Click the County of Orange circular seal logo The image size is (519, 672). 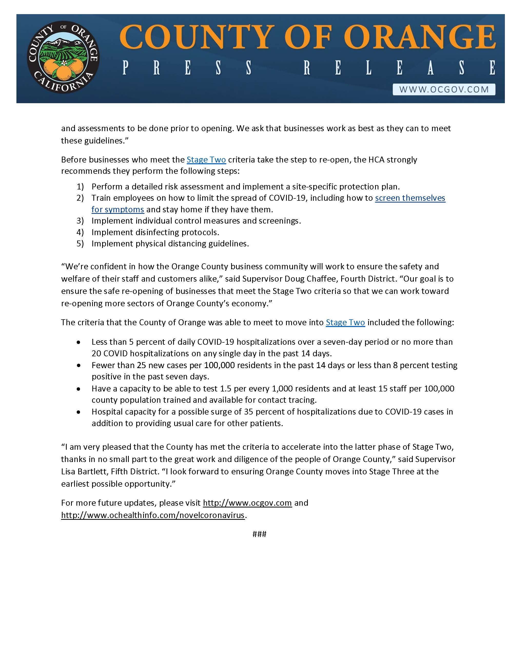[63, 58]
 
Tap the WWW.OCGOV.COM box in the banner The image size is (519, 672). [444, 90]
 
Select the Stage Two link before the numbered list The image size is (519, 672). [206, 160]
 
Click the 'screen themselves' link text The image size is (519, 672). [410, 198]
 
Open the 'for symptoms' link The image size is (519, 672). [118, 209]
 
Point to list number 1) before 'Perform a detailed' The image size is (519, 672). [80, 187]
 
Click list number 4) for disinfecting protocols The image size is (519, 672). [80, 232]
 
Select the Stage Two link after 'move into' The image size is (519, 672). [345, 322]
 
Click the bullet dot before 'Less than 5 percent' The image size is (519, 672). [79, 342]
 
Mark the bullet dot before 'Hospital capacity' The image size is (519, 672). [79, 412]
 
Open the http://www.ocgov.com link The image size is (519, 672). [247, 503]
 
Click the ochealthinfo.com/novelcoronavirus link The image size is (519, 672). [153, 515]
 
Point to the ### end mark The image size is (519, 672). [259, 534]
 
